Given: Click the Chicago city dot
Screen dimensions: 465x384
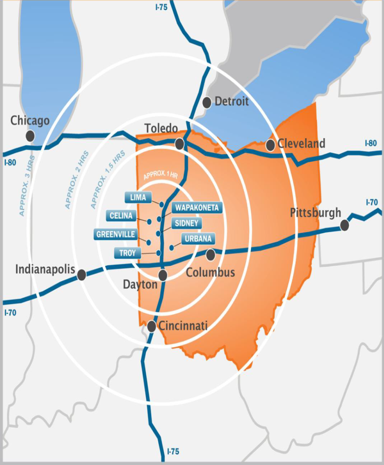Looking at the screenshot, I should coord(31,135).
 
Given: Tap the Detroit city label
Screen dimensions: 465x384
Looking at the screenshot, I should coord(231,101).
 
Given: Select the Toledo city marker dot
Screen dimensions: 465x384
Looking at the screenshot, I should coord(179,144).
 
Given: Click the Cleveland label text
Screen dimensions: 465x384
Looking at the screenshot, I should coord(301,143).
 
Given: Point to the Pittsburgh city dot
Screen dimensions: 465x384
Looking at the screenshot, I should coord(344,225).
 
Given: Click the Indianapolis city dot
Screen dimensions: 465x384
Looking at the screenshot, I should coord(82,274).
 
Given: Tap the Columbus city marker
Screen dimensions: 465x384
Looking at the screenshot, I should coord(210,255).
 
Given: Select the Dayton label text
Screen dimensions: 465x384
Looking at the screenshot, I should coord(140,285).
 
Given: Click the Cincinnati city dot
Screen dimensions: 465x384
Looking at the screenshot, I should coord(152,326).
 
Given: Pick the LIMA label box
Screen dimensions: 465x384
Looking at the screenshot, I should coord(138,197).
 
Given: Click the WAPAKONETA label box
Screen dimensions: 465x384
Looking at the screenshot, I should coord(197,208).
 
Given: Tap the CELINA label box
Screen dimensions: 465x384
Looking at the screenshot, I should coord(121,216).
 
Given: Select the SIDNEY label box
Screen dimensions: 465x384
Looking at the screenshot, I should coord(186,224).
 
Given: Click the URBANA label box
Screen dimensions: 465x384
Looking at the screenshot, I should coord(198,238).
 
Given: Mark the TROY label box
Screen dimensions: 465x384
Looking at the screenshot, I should coord(127,253).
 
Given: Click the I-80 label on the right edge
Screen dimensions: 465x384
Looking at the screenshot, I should coord(371,144).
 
